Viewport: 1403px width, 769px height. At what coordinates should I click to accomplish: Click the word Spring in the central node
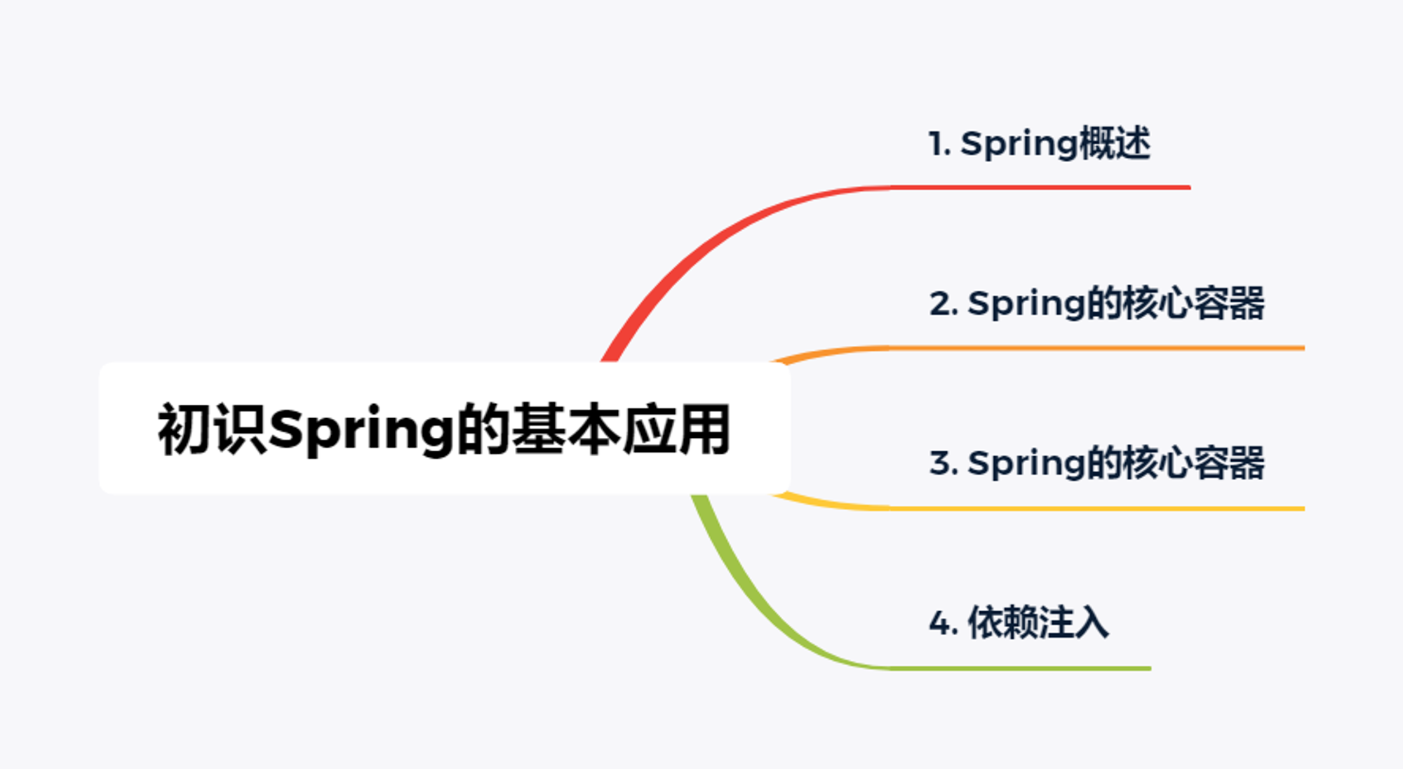click(362, 429)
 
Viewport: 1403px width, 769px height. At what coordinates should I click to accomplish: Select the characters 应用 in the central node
click(677, 429)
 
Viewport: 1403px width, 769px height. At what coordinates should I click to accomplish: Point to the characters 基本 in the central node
click(567, 429)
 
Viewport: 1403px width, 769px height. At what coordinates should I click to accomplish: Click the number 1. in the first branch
click(940, 144)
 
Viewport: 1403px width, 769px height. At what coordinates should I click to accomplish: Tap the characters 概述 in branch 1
click(1114, 144)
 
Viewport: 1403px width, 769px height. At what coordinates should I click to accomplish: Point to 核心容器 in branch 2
click(1194, 304)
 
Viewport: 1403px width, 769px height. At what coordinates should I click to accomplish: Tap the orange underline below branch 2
click(1038, 348)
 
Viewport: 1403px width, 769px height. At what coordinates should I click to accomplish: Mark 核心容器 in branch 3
click(1194, 464)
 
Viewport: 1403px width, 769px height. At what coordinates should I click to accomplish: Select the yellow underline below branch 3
click(1038, 508)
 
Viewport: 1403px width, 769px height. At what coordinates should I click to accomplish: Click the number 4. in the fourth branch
click(944, 624)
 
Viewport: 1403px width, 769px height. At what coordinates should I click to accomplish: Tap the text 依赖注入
click(1038, 622)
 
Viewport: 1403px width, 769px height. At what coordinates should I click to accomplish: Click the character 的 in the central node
click(484, 429)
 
